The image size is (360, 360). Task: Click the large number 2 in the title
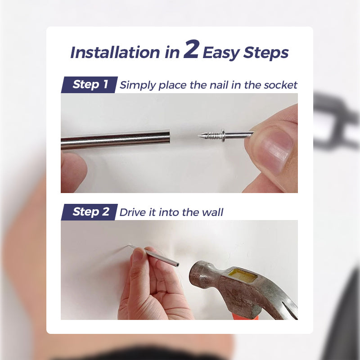point(191,50)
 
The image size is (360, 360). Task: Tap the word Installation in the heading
point(115,53)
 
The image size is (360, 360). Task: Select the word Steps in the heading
point(266,53)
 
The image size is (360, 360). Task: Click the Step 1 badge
point(90,84)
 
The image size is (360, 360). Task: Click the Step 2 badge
point(90,212)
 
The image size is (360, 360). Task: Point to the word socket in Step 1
point(279,85)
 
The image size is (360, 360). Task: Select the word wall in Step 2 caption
point(213,212)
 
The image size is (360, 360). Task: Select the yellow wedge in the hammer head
point(243,275)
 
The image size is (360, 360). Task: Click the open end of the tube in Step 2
point(178,265)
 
